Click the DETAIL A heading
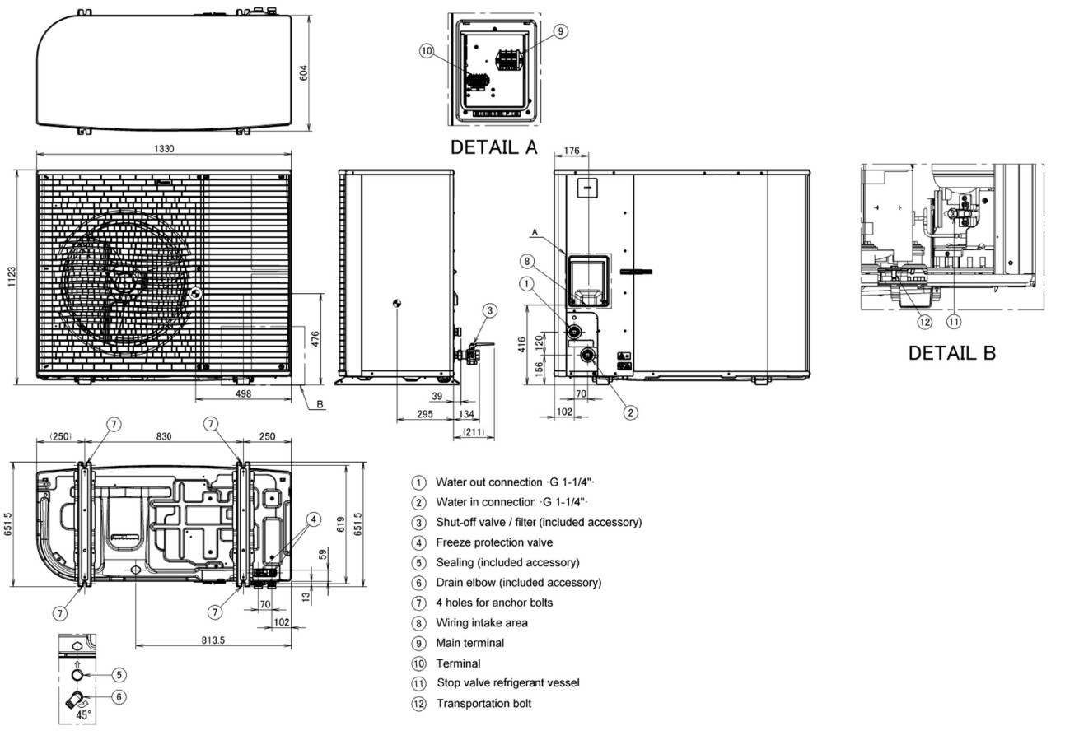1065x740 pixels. point(493,147)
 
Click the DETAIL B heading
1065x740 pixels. point(952,352)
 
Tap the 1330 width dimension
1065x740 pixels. point(164,149)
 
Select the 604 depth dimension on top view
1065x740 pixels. point(303,72)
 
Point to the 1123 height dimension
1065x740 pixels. point(12,277)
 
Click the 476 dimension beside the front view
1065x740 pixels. point(315,339)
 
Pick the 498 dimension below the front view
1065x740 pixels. point(243,393)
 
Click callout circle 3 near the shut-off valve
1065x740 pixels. point(490,311)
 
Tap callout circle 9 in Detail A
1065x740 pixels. point(561,31)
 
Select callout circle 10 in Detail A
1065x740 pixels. point(427,51)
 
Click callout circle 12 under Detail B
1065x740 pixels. point(925,322)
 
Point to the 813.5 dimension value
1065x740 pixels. point(213,640)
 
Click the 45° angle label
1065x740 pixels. point(83,715)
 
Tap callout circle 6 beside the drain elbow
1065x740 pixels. point(119,697)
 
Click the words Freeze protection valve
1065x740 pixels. point(494,542)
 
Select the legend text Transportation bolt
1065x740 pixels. point(484,704)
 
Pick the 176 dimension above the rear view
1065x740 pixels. point(572,151)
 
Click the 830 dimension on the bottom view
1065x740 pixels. point(164,436)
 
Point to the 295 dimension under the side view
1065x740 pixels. point(424,414)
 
